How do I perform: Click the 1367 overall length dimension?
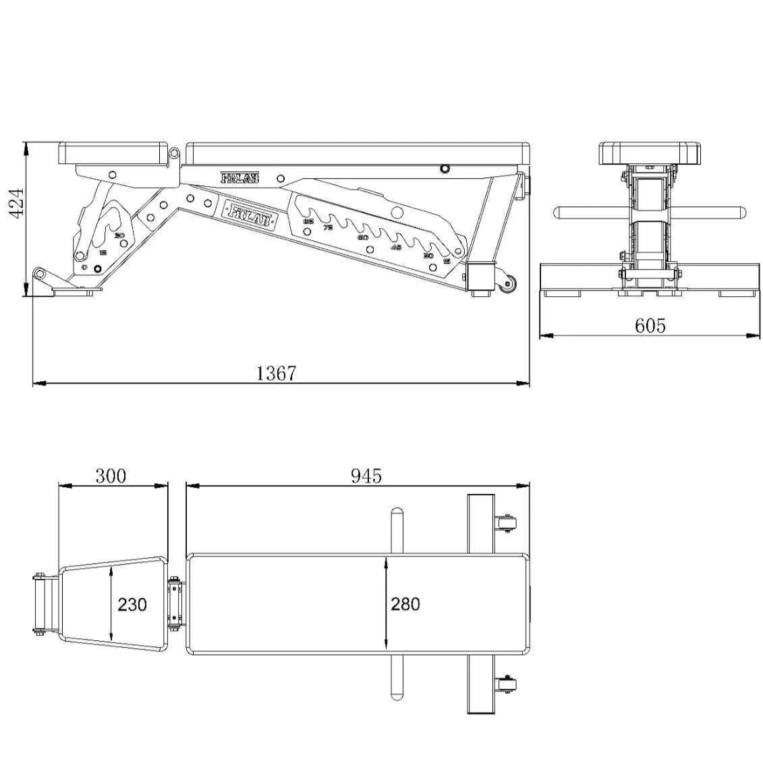pos(276,373)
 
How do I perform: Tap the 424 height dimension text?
pos(16,202)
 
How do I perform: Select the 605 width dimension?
pos(650,326)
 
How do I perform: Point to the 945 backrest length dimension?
pos(366,476)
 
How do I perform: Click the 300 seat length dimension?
pos(111,476)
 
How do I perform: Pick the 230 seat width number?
pos(132,604)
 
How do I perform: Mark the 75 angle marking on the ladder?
pos(328,227)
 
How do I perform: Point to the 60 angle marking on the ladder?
pos(362,237)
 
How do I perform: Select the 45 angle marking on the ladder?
pos(397,248)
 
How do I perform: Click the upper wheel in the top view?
pos(508,524)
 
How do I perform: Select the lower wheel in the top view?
pos(508,684)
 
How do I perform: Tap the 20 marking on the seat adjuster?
pos(119,235)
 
